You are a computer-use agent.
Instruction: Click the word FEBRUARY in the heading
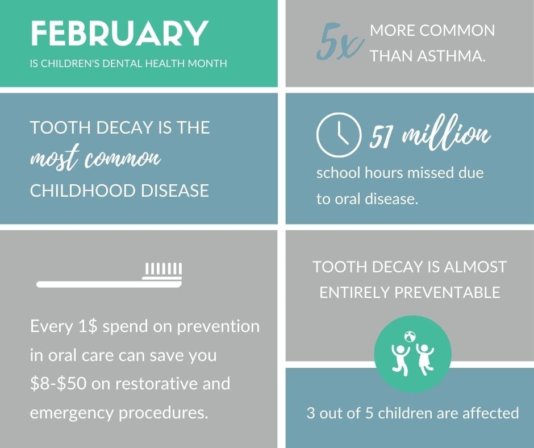pyautogui.click(x=119, y=34)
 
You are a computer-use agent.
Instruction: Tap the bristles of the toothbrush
pyautogui.click(x=163, y=269)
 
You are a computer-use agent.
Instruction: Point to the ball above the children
pyautogui.click(x=410, y=335)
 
